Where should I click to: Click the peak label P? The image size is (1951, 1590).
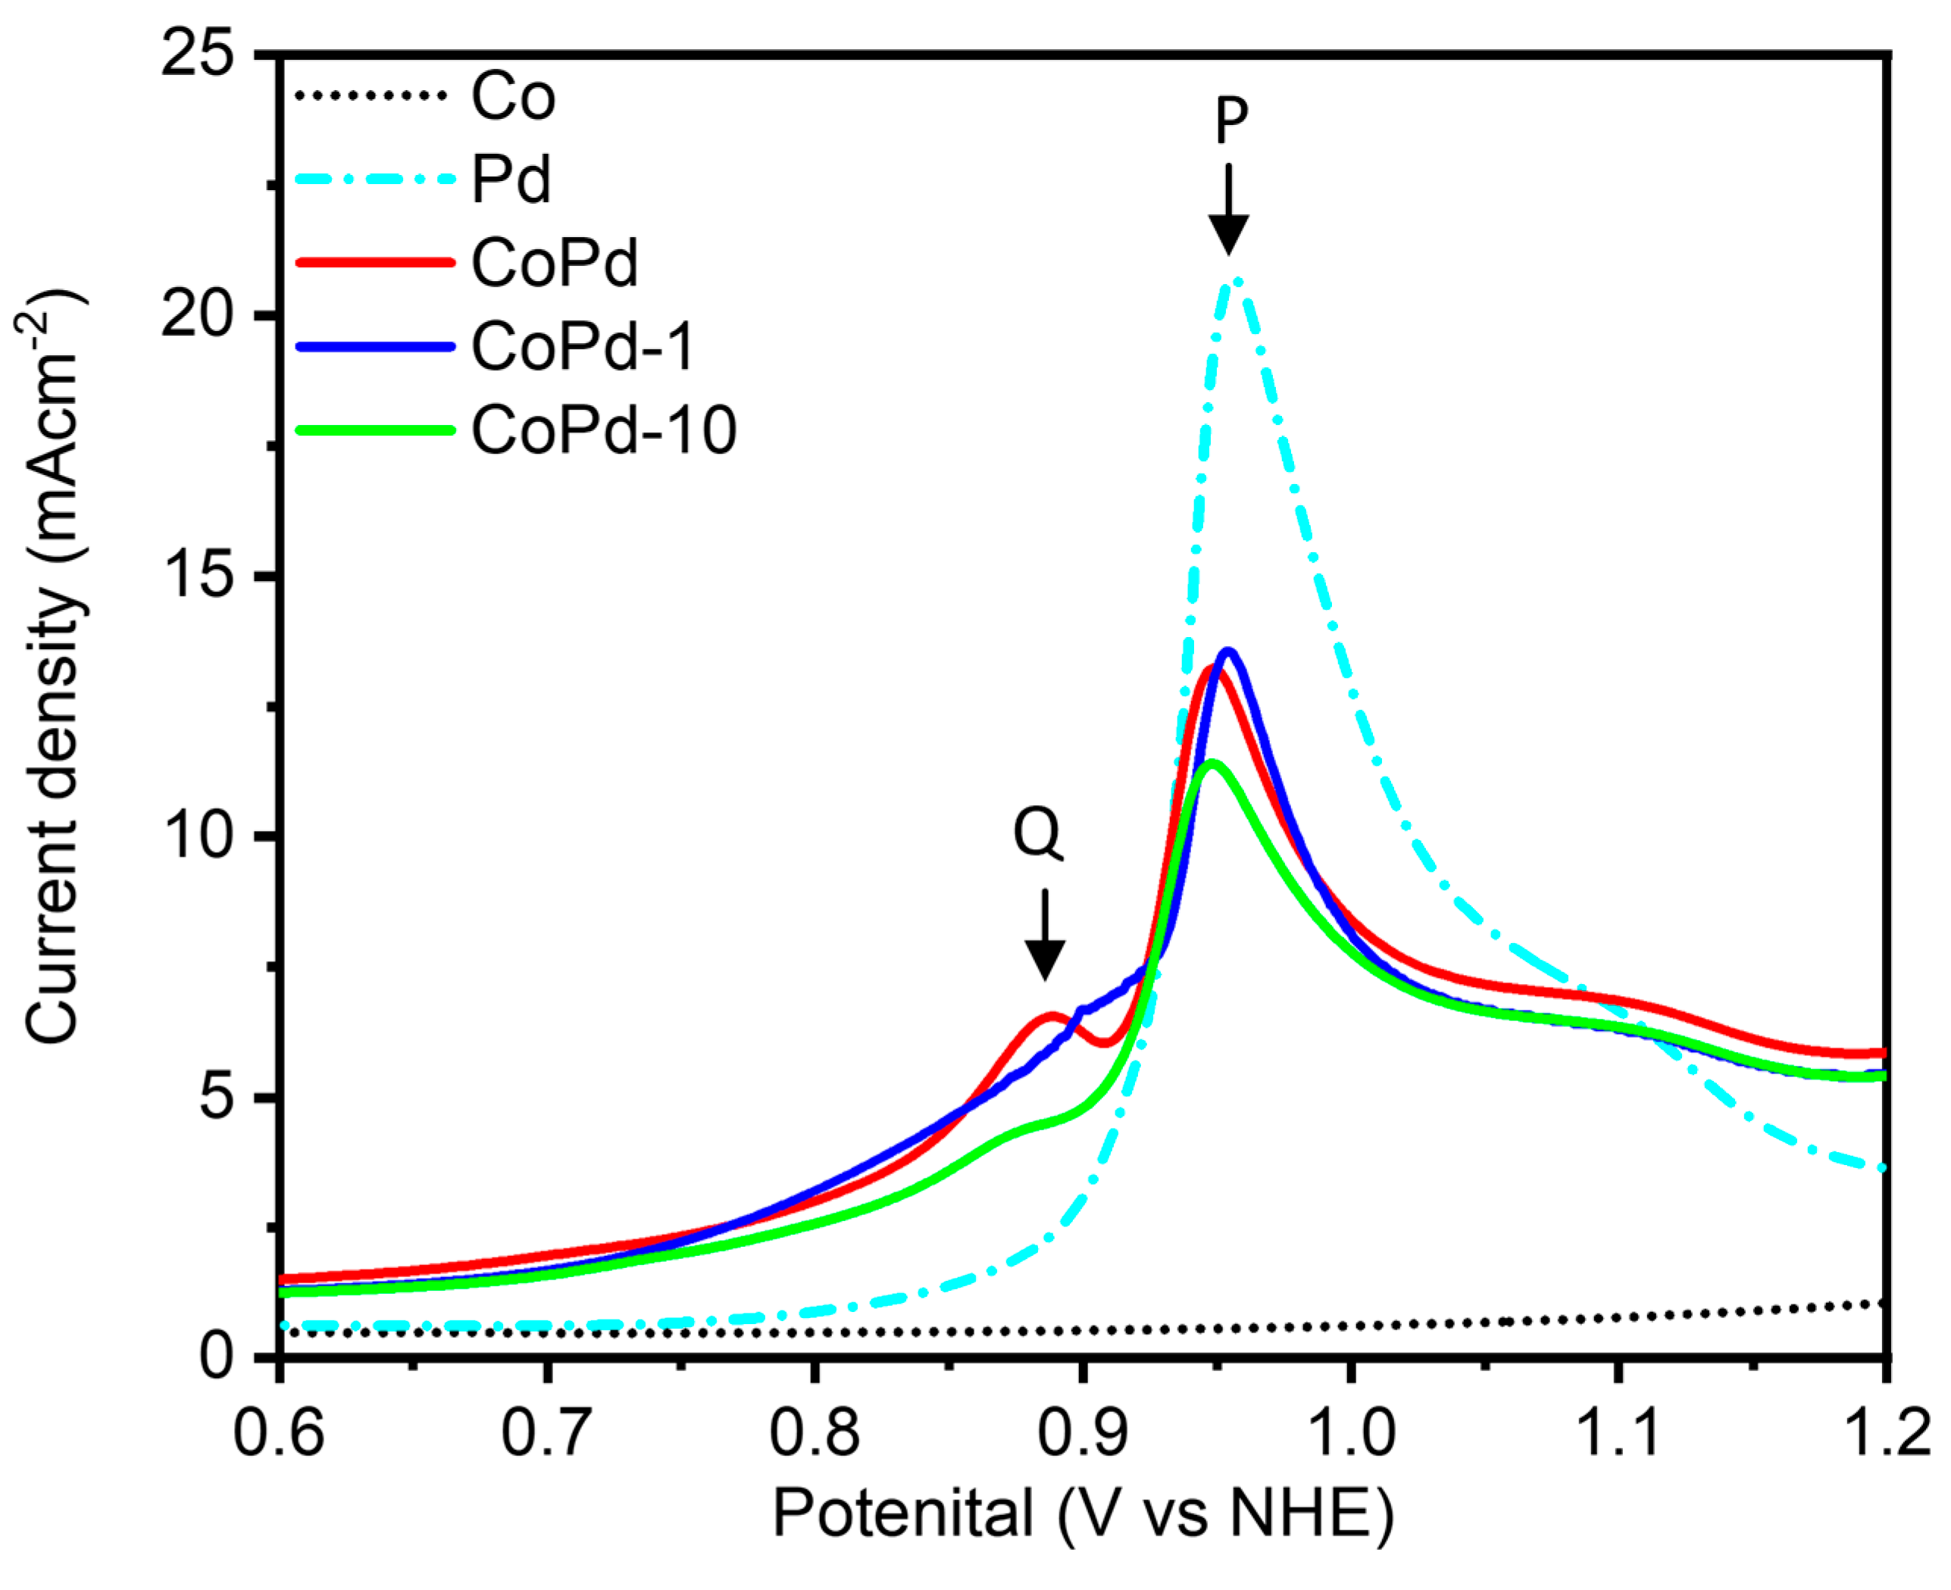pos(1230,120)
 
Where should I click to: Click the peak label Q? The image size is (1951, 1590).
pos(1038,833)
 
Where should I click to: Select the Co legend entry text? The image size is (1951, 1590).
pos(513,96)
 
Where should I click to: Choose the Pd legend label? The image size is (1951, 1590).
pos(511,180)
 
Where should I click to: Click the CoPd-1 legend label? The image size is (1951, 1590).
pos(583,347)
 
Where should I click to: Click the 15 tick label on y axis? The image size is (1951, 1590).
pos(197,576)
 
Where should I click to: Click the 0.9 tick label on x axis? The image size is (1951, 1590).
pos(1083,1433)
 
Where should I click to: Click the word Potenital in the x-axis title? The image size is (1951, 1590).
pos(903,1513)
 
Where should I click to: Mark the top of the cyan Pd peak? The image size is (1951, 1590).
pos(1235,280)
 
